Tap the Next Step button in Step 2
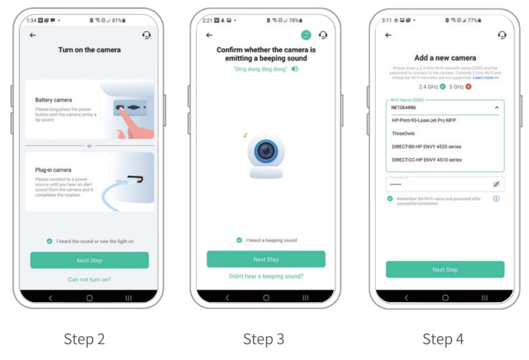click(89, 260)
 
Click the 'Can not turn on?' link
click(89, 279)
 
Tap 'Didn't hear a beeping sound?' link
click(266, 276)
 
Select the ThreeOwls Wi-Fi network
click(403, 133)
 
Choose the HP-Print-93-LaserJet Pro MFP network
click(424, 120)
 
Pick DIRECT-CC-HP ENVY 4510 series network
click(427, 160)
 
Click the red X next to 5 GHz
click(469, 86)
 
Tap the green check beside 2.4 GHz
click(443, 86)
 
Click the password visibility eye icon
click(496, 184)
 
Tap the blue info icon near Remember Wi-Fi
click(496, 199)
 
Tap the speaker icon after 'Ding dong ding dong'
click(295, 69)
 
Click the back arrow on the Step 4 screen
click(388, 35)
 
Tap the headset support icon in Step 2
click(146, 35)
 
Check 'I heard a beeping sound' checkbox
click(239, 240)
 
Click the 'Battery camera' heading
click(53, 100)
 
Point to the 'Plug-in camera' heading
click(53, 170)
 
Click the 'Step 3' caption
click(263, 339)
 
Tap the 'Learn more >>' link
click(486, 77)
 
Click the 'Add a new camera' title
click(445, 58)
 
